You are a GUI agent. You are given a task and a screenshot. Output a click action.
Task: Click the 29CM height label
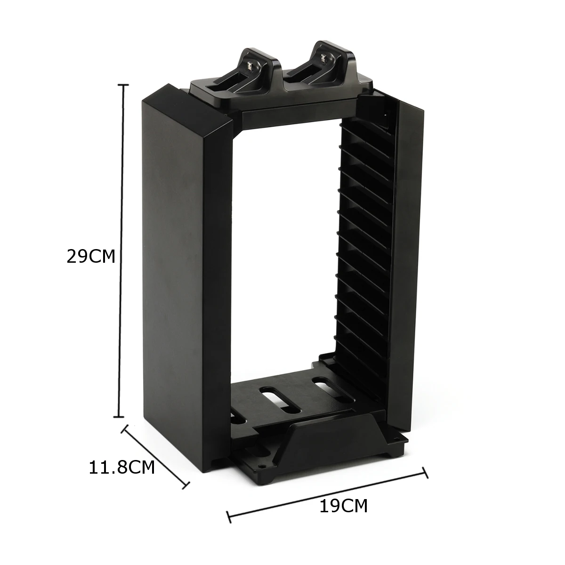coord(91,257)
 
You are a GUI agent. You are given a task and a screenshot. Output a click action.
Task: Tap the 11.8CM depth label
coord(121,468)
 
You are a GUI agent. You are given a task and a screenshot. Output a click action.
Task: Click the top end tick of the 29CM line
coord(123,85)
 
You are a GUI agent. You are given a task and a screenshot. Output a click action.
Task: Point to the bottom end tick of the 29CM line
coord(119,417)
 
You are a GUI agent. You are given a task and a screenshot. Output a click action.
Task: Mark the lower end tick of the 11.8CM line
coord(186,485)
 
